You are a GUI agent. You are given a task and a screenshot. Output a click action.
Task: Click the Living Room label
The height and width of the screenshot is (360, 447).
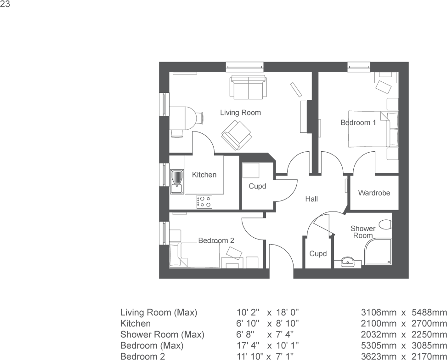pyautogui.click(x=240, y=113)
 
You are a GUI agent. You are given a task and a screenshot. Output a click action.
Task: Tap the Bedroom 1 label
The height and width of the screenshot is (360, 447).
pyautogui.click(x=358, y=123)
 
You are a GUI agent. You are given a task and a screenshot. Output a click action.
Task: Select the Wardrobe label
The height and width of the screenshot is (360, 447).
pyautogui.click(x=374, y=193)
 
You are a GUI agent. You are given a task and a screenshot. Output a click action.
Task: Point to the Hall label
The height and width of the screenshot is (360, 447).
pyautogui.click(x=311, y=199)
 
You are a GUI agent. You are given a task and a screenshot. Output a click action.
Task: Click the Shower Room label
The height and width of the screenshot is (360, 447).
pyautogui.click(x=362, y=232)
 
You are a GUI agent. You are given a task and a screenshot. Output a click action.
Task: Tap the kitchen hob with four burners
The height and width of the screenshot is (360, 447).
pyautogui.click(x=204, y=201)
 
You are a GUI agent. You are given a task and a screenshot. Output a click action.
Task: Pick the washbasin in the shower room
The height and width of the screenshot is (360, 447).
pyautogui.click(x=348, y=263)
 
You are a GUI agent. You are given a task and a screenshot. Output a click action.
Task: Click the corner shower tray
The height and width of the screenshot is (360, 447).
pyautogui.click(x=378, y=252)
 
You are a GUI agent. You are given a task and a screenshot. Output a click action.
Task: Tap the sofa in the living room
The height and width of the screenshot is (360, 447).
pyautogui.click(x=248, y=87)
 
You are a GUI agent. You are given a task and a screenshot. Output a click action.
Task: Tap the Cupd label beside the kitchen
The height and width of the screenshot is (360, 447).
pyautogui.click(x=257, y=186)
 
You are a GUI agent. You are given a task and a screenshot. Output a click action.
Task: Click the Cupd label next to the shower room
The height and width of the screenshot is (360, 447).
pyautogui.click(x=318, y=254)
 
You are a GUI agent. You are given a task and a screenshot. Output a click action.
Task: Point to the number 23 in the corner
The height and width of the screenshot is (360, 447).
pyautogui.click(x=5, y=5)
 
